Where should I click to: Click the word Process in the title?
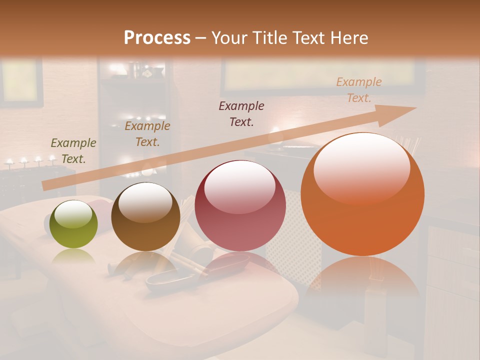pos(157,38)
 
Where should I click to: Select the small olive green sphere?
pos(74,224)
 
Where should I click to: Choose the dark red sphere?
pos(240,205)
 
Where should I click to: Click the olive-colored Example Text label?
pos(73,151)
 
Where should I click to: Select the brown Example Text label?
pos(147,133)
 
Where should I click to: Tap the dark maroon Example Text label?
pos(241,113)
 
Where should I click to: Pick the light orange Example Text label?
pos(359,90)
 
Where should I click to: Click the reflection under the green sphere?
pos(74,256)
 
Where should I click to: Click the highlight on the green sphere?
pos(74,214)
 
